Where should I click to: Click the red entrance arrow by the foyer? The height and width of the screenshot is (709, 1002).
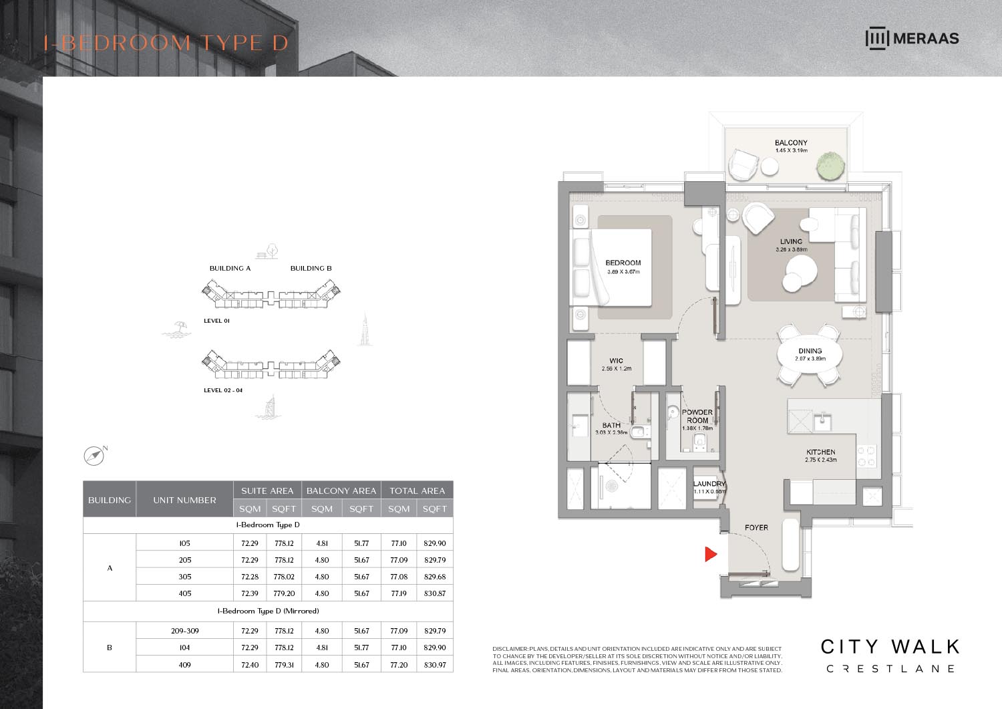[711, 554]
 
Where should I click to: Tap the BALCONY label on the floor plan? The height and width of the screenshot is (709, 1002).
[791, 143]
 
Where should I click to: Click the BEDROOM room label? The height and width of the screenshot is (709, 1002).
[623, 263]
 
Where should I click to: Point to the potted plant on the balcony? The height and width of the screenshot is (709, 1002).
[830, 166]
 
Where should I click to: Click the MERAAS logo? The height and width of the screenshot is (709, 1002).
[912, 38]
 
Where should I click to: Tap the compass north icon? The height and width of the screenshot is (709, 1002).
[94, 456]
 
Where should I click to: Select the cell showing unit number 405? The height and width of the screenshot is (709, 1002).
[184, 593]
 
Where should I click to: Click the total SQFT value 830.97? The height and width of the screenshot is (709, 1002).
[434, 665]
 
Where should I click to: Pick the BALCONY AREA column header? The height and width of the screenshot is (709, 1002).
[341, 490]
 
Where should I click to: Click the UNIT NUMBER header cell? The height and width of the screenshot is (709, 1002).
[184, 500]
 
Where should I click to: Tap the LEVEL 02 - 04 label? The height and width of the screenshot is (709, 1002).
[223, 390]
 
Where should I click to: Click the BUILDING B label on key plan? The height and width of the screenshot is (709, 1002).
[311, 269]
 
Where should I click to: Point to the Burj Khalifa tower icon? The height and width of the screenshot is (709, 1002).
[365, 330]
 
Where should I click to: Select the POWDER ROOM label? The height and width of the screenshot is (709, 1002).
[697, 416]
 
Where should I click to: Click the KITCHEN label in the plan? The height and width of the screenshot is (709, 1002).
[820, 452]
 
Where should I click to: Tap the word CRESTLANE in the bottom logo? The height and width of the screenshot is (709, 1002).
[890, 669]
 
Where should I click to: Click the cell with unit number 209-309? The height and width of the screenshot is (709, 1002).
[184, 631]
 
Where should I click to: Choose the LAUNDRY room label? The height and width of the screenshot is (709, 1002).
[709, 484]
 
